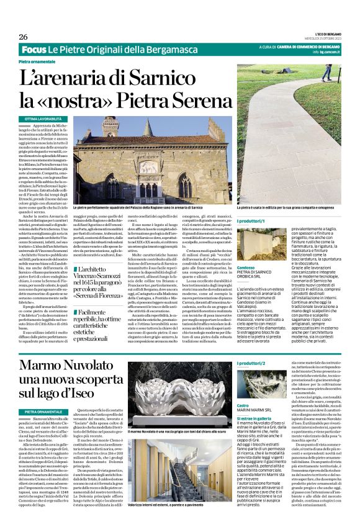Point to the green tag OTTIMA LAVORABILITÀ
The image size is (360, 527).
43,118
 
